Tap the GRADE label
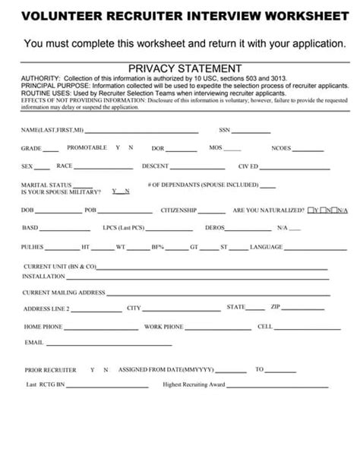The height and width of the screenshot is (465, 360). [x=30, y=148]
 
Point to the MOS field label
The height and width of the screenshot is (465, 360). [x=215, y=147]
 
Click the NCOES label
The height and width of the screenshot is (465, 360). [x=280, y=148]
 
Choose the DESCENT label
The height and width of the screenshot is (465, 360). [x=154, y=166]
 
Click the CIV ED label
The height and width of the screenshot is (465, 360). [x=248, y=166]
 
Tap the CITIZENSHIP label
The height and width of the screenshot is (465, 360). [x=178, y=210]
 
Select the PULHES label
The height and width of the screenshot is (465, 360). [x=33, y=247]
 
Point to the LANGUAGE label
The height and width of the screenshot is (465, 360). [x=266, y=247]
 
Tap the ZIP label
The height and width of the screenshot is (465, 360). [x=276, y=307]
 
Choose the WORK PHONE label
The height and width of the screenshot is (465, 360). [x=163, y=327]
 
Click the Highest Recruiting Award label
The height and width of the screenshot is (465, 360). [x=194, y=384]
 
